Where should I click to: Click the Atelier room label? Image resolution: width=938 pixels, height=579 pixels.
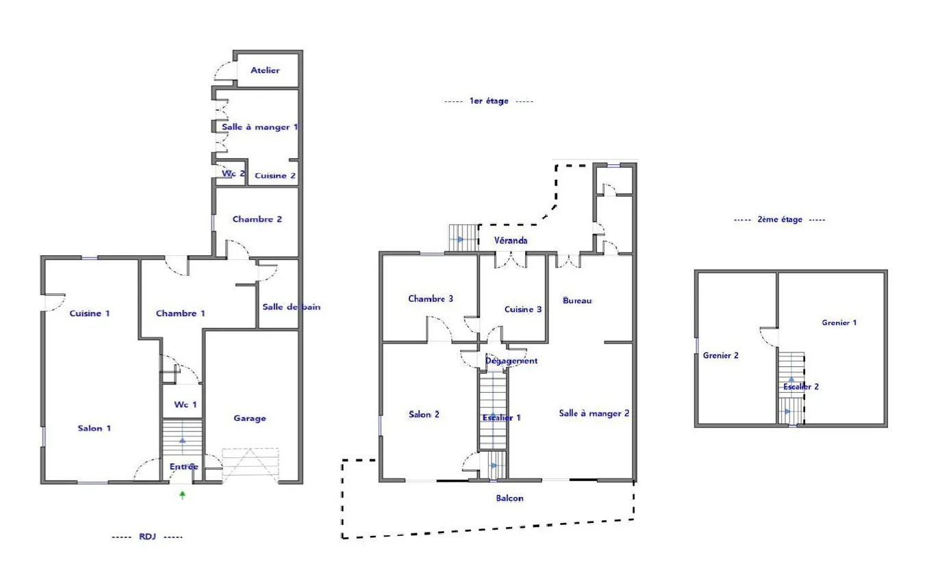265,70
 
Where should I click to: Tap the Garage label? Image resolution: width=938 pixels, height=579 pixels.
250,418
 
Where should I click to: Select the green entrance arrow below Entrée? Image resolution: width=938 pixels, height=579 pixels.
183,496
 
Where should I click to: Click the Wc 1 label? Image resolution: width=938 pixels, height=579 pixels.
185,404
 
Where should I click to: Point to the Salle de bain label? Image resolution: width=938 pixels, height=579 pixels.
292,307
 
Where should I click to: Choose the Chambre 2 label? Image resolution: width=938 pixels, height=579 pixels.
257,219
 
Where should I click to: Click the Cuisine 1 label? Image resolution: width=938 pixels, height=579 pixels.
90,313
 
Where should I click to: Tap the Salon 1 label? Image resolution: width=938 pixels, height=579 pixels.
94,428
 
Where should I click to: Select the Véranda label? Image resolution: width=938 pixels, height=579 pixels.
511,241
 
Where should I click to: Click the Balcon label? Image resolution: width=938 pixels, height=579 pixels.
509,498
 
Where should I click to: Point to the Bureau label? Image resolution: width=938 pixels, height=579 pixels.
577,300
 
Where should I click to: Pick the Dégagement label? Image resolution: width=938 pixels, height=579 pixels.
511,361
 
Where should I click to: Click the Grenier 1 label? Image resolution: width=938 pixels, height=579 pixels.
839,323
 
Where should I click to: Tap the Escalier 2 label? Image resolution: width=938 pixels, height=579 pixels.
801,387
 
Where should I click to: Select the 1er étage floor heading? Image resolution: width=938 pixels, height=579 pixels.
489,101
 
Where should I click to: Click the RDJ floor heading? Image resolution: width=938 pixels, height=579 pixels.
147,537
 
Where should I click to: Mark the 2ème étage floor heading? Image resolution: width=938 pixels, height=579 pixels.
780,220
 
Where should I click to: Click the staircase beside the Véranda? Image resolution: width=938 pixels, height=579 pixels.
464,237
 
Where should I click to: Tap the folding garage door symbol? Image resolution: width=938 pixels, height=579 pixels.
251,465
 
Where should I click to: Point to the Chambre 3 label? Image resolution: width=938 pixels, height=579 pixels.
431,299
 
